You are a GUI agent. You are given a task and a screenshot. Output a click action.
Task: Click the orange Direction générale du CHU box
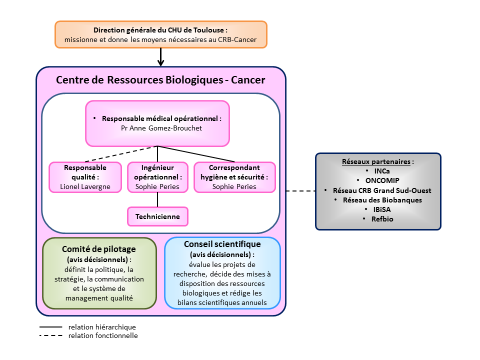[160, 34]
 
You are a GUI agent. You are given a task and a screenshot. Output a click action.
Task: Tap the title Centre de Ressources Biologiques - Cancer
[160, 80]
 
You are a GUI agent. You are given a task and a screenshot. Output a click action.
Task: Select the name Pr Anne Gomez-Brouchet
[157, 128]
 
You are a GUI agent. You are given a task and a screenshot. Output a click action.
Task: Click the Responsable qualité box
[85, 177]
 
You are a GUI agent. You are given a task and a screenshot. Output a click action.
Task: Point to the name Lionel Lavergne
[85, 186]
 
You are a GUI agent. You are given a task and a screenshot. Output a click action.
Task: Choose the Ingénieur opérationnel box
[157, 177]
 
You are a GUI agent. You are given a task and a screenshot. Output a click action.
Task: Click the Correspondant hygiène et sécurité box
[234, 177]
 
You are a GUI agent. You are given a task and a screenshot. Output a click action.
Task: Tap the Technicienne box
[157, 216]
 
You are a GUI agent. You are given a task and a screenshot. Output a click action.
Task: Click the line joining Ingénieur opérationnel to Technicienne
[158, 199]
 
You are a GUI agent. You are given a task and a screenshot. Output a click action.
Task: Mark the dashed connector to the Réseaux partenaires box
[300, 190]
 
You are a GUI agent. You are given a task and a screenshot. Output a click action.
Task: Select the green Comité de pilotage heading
[99, 249]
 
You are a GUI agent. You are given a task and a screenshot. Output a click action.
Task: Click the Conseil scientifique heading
[222, 244]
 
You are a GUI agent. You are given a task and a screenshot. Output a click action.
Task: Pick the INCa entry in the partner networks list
[378, 171]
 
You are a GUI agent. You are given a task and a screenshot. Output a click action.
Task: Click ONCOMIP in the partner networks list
[378, 180]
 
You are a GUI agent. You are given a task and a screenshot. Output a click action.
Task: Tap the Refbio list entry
[378, 219]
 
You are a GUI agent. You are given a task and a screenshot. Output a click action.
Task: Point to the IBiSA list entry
[378, 209]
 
